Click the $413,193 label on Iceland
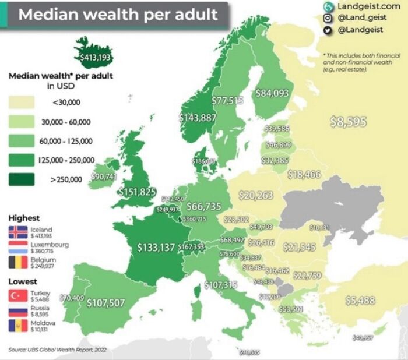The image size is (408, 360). tap(95, 57)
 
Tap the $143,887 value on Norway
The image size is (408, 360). tap(197, 118)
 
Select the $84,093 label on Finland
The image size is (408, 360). tap(272, 93)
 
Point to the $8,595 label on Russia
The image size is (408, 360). tap(348, 122)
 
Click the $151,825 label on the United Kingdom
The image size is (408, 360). tap(138, 192)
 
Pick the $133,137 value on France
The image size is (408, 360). tap(156, 248)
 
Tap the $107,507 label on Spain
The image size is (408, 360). tap(105, 302)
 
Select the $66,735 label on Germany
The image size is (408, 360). tap(203, 206)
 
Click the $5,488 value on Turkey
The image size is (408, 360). tap(360, 301)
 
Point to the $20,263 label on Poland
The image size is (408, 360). tap(256, 195)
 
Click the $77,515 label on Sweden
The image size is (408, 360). tap(227, 101)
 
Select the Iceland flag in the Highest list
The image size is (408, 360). tap(18, 232)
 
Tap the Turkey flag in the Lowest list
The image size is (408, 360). tap(18, 296)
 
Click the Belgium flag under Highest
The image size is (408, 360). tap(18, 262)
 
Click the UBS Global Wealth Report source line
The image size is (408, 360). tap(59, 350)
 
